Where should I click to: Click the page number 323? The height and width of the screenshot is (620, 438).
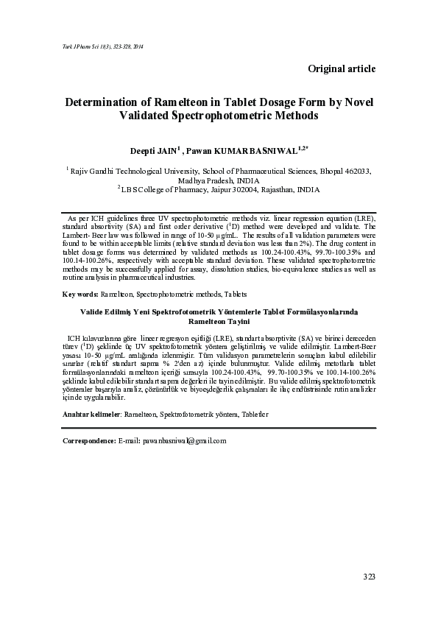click(x=369, y=576)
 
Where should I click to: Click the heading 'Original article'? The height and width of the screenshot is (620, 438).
click(x=342, y=68)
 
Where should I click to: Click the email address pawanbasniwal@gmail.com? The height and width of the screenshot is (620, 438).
click(x=183, y=440)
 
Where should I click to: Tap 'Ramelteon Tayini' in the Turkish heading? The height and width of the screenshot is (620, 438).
click(x=219, y=322)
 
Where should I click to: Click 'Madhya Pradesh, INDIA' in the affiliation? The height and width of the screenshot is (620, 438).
click(x=219, y=179)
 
